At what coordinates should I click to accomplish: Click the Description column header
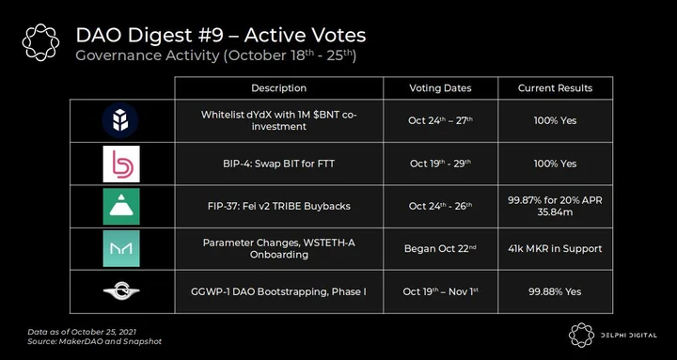pos(279,88)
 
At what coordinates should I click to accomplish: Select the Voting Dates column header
pos(440,88)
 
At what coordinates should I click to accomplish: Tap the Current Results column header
pos(556,88)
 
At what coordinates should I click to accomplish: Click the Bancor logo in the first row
pos(120,120)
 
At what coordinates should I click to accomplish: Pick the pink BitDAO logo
pos(121,164)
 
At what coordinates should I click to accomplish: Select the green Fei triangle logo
pos(121,206)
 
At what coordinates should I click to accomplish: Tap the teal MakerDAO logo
pos(121,248)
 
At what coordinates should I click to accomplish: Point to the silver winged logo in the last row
pos(121,292)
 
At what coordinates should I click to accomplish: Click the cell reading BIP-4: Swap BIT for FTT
pos(279,164)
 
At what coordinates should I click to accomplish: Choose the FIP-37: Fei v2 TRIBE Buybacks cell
pos(279,206)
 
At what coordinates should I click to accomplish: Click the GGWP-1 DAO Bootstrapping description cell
pos(279,291)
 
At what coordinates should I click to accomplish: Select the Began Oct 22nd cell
pos(440,249)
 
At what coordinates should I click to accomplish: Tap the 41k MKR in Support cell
pos(556,249)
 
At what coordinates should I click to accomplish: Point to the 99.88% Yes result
pos(556,291)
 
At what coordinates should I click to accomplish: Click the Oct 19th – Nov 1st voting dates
pos(440,291)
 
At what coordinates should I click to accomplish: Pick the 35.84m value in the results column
pos(556,211)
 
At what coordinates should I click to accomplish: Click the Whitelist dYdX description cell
pos(279,121)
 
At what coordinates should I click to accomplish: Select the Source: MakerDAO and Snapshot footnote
pos(95,341)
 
